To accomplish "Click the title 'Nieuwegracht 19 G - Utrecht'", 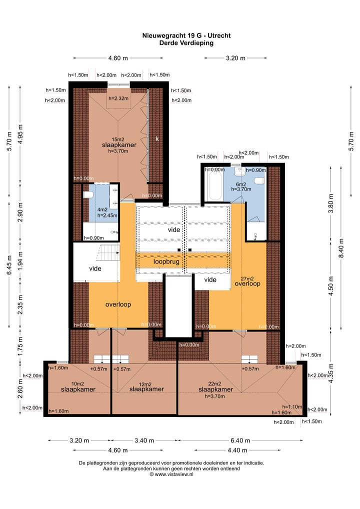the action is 186,35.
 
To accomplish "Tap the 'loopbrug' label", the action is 166,261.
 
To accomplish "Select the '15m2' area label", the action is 118,139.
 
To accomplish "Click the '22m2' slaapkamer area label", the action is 215,383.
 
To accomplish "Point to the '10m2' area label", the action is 77,383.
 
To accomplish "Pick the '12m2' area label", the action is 145,384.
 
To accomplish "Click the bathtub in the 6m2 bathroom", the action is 214,185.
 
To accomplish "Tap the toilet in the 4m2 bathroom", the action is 88,195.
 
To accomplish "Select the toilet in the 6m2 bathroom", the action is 259,180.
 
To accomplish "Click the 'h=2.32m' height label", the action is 118,98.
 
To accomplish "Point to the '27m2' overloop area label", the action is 247,278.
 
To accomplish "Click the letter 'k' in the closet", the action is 157,138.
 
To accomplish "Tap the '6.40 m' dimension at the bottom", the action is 240,440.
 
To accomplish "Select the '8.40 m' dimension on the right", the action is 341,248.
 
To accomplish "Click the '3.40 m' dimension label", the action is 144,440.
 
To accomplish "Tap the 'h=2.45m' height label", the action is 107,215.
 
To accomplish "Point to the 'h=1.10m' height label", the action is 292,406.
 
